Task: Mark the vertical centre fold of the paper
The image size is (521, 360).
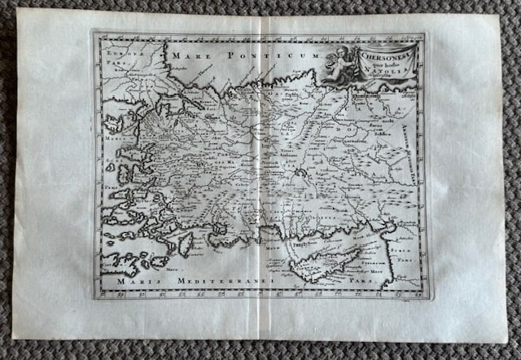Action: pos(259,179)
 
